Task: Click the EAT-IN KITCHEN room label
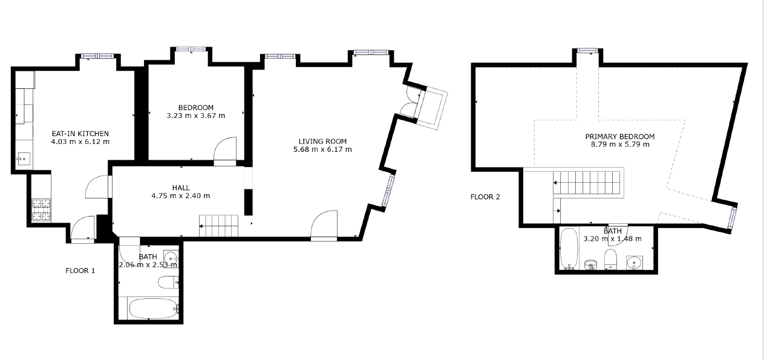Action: coord(80,134)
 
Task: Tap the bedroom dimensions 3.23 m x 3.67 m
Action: coord(196,116)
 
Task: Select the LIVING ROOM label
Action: coord(322,141)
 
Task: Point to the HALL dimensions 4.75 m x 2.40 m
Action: coord(181,196)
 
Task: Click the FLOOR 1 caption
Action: coord(80,271)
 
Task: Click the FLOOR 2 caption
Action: coord(485,197)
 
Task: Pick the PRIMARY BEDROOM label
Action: coord(620,137)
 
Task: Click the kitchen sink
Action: coord(24,159)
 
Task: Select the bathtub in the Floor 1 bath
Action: coord(154,309)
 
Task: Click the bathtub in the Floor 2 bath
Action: coord(569,248)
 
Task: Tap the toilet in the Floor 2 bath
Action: coord(610,260)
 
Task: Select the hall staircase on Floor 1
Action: coord(218,226)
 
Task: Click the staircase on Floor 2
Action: coord(587,183)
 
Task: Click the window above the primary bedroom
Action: coord(587,51)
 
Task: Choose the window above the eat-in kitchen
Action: coord(98,56)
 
